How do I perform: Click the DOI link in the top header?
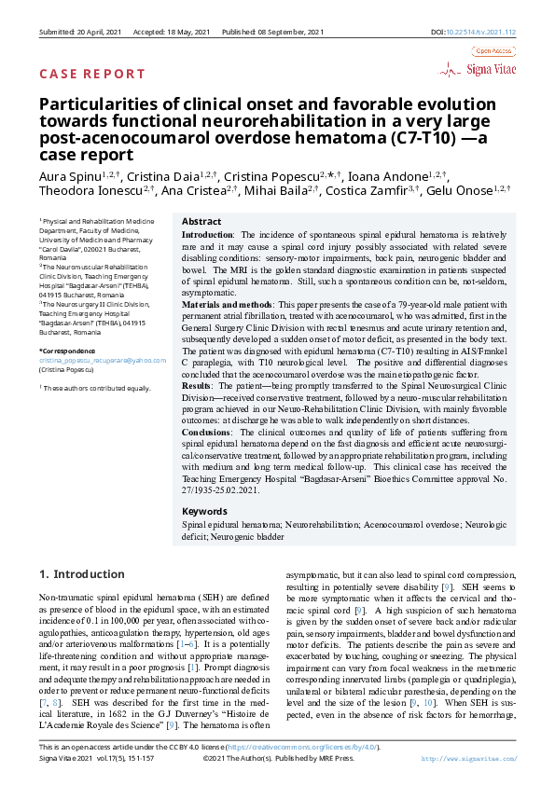coord(486,32)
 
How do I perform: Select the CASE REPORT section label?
coord(91,74)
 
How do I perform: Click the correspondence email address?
coord(103,359)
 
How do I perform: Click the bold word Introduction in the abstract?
coord(207,234)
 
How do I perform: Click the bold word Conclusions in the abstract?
coord(207,434)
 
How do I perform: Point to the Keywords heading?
coord(204,512)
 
